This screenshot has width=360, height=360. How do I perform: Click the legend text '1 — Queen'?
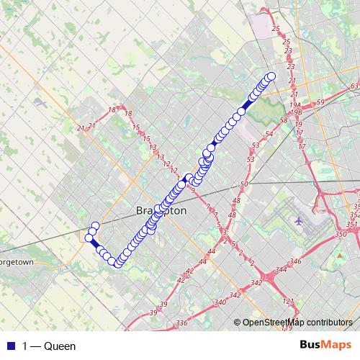click(49, 346)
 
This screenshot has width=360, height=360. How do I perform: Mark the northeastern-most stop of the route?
click(271, 76)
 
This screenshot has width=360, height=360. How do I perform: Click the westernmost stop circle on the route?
click(89, 238)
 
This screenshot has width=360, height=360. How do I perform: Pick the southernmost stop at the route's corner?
click(117, 264)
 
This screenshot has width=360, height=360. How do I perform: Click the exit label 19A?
click(295, 105)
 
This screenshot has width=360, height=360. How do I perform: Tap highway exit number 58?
click(284, 120)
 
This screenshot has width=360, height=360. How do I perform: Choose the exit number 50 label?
click(243, 184)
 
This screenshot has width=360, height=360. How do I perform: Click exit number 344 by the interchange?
click(279, 269)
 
